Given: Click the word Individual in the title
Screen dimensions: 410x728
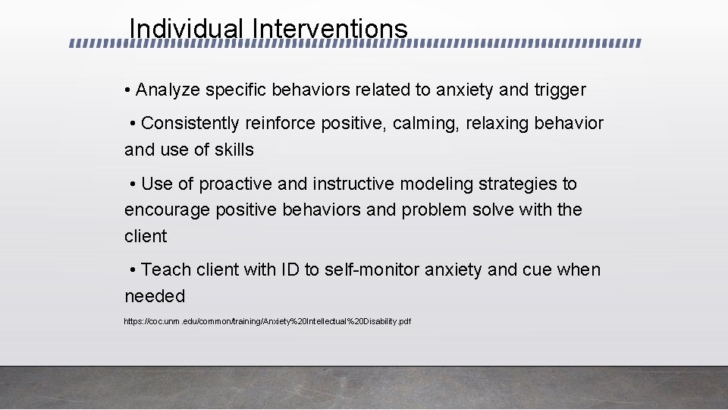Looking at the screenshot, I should point(187,29).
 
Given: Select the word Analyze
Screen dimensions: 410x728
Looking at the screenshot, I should point(168,90).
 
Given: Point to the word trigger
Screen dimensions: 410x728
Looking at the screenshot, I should point(560,90).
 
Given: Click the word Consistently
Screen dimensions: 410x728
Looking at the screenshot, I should point(190,123).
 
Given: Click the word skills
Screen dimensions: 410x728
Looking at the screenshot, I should point(234,150).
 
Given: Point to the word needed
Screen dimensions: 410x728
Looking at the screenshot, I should point(155,296).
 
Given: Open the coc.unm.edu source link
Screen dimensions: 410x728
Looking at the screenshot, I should point(267,322).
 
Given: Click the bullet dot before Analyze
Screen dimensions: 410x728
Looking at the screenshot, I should point(128,91).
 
